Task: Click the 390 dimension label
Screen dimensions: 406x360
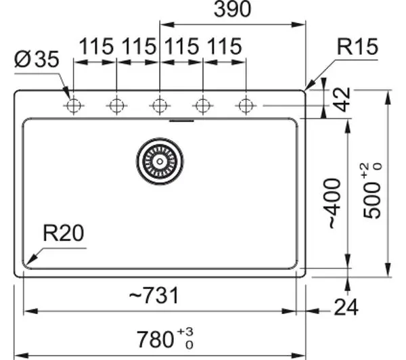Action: point(233,9)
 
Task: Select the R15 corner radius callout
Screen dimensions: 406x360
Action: point(357,47)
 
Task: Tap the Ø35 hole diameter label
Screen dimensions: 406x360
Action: point(37,60)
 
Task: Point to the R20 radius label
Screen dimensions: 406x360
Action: point(64,233)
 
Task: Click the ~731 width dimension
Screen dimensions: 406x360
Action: point(154,296)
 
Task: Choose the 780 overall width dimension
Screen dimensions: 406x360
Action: point(155,339)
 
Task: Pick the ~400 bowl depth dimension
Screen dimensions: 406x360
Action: point(333,204)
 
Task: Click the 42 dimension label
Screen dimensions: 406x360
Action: point(342,99)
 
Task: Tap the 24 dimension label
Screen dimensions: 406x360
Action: point(346,307)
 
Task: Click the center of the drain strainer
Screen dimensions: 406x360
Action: point(160,161)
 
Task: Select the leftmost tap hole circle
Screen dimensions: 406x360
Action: point(74,106)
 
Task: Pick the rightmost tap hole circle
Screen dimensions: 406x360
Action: point(246,106)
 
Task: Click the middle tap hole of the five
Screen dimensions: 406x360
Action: point(160,106)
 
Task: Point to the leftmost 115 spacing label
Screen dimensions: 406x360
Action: point(96,47)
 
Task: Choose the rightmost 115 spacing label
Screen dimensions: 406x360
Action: point(225,47)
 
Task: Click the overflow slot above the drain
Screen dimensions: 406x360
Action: point(181,120)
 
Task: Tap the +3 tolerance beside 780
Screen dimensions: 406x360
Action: point(185,332)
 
